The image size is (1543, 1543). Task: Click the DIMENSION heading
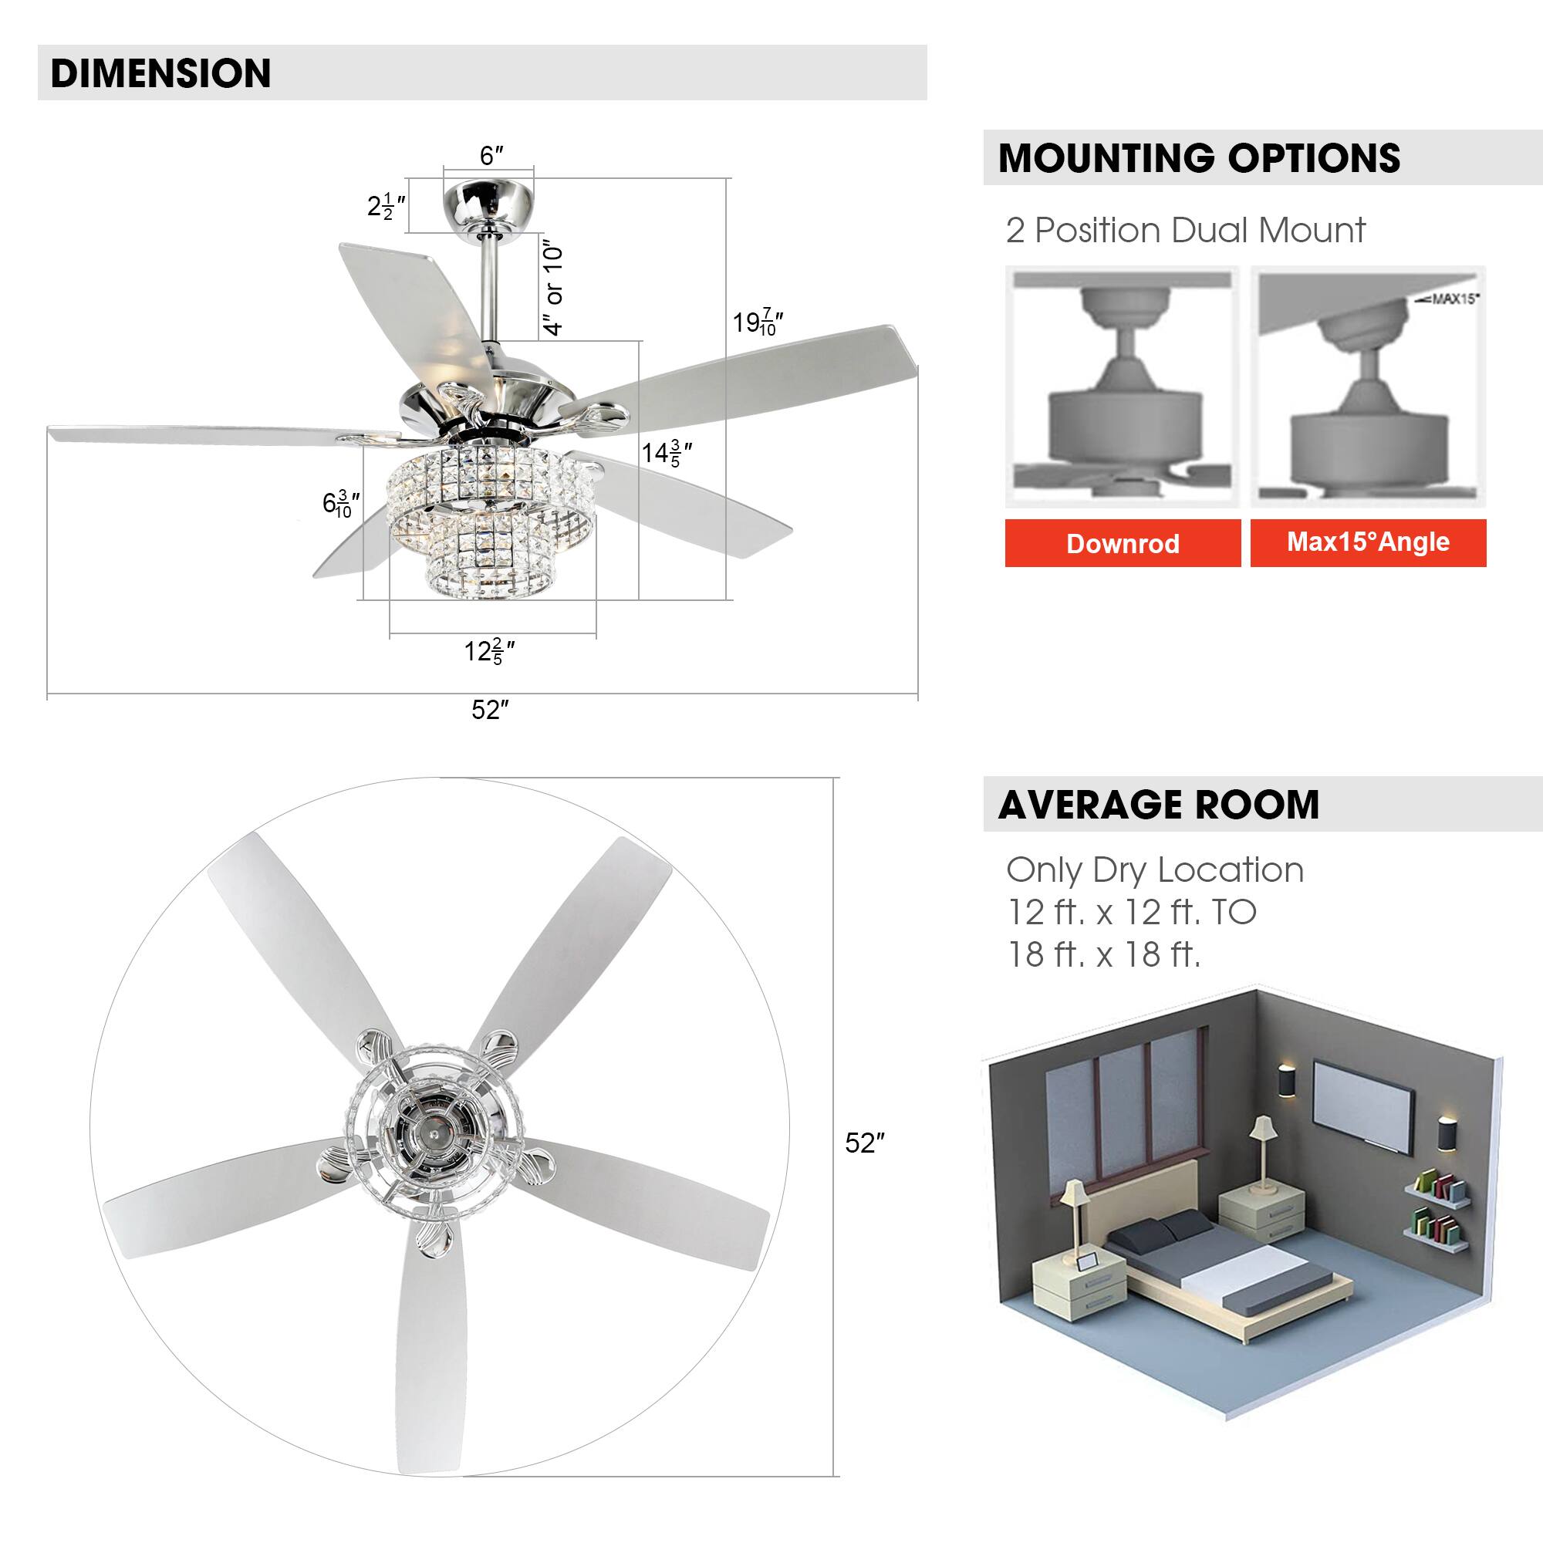tap(160, 73)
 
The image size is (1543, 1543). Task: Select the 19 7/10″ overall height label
tap(756, 322)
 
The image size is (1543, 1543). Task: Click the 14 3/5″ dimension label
tap(666, 454)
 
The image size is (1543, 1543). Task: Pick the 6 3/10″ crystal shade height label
tap(340, 503)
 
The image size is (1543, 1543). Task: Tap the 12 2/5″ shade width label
tap(489, 652)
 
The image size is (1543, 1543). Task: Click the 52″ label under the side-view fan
tap(490, 709)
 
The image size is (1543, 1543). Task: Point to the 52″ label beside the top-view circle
tap(865, 1143)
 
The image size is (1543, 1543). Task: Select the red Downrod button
tap(1122, 543)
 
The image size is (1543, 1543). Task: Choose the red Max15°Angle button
tap(1367, 542)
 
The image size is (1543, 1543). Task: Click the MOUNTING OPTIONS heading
tap(1199, 157)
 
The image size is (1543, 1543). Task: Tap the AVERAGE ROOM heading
tap(1158, 804)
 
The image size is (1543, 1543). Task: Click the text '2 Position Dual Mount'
tap(1185, 231)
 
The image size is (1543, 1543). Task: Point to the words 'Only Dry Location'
tap(1154, 869)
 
